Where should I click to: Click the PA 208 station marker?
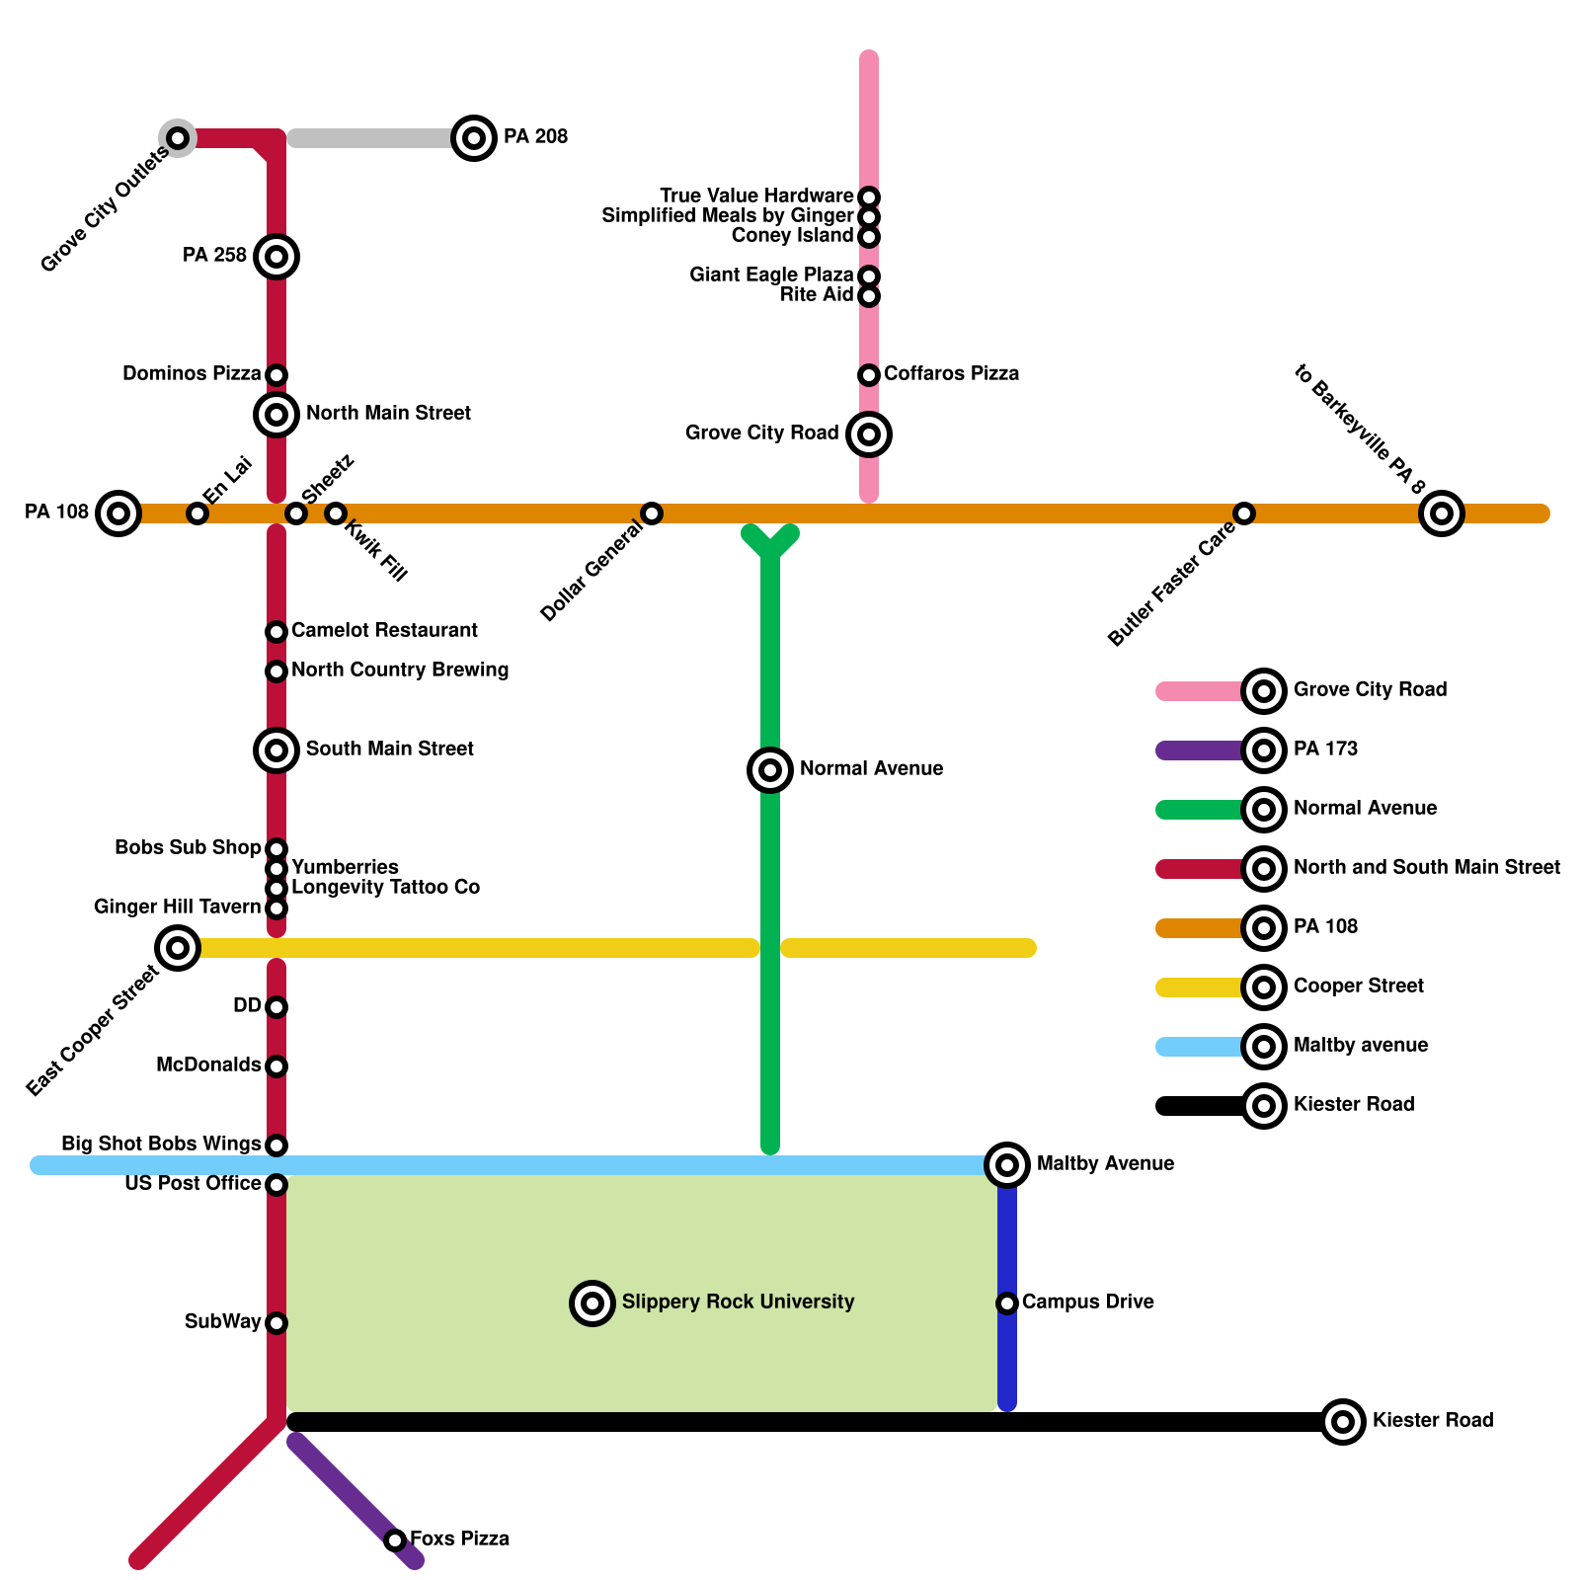474,138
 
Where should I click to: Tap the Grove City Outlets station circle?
178,138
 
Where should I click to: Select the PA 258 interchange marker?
276,257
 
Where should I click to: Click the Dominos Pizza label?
192,374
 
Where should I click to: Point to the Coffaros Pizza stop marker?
869,375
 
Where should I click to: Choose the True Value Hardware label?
756,197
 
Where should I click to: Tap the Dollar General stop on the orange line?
652,513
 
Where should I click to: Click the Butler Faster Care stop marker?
1244,513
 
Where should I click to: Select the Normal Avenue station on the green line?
770,770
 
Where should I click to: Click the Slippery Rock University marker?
592,1303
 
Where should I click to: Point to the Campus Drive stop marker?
1007,1303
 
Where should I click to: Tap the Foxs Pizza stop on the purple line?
395,1540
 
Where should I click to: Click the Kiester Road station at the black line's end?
1343,1422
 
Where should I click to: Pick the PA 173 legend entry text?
1325,750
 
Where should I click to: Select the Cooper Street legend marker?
1264,987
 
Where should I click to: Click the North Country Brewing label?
400,671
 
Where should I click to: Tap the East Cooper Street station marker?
178,948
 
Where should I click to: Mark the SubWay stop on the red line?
276,1323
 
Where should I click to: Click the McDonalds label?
208,1066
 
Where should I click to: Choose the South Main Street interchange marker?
276,750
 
